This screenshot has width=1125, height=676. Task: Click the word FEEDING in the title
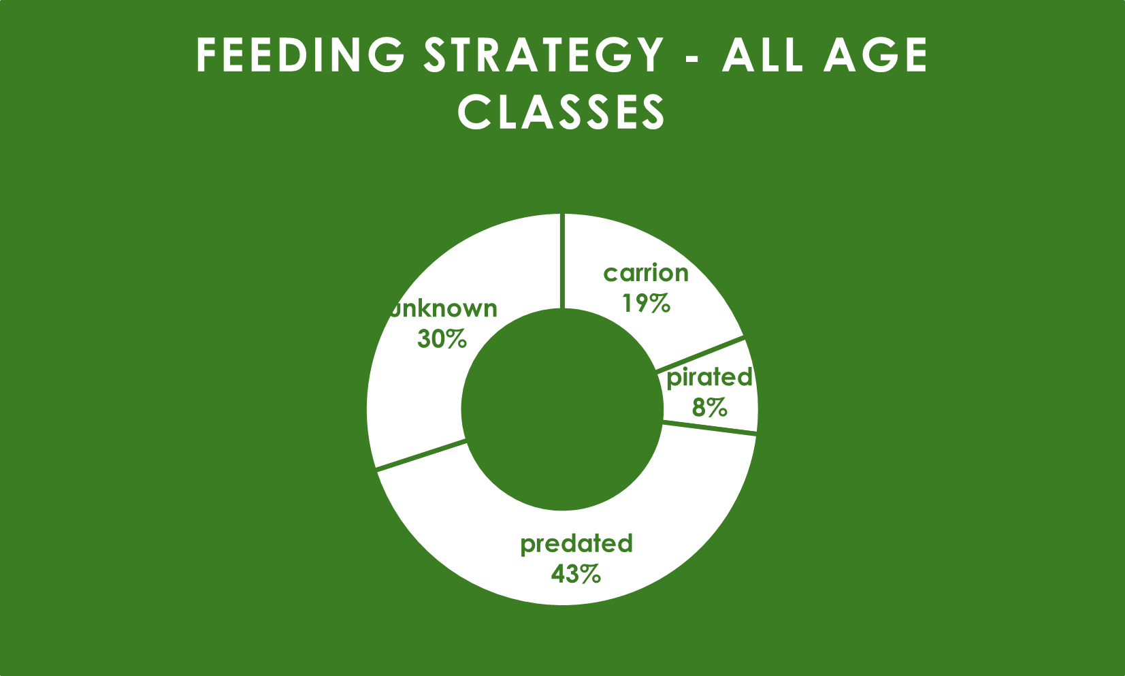tap(300, 54)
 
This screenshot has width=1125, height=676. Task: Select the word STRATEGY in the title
tap(544, 54)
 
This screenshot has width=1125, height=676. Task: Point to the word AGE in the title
tap(876, 54)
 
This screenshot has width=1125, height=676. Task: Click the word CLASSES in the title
tap(561, 112)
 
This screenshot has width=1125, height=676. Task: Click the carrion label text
tap(646, 273)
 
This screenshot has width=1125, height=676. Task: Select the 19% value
tap(646, 304)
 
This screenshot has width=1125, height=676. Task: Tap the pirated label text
tap(709, 378)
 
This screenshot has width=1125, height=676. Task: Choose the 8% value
tap(709, 407)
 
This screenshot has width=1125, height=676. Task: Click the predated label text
tap(576, 545)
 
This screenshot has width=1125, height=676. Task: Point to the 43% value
tap(576, 574)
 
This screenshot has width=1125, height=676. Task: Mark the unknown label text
tap(444, 308)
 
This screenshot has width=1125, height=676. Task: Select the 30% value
tap(442, 339)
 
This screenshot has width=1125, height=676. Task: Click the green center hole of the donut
tap(561, 409)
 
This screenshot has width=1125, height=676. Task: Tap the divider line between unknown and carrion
tap(562, 261)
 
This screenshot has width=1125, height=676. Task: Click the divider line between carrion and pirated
tap(700, 353)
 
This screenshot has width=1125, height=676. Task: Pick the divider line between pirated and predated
tap(710, 428)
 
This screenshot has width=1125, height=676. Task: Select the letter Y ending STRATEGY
tap(649, 54)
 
